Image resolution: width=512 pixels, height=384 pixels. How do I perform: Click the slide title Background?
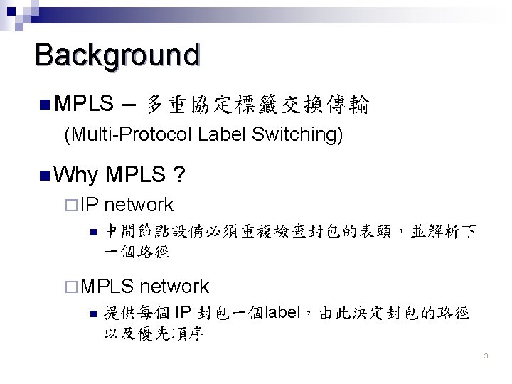(x=117, y=55)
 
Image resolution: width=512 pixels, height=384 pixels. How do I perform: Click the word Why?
(x=75, y=174)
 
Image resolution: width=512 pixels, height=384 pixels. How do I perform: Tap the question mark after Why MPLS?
(x=181, y=174)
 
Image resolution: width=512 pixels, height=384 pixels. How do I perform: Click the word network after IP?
(x=139, y=205)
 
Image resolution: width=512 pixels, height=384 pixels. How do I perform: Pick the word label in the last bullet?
(x=282, y=314)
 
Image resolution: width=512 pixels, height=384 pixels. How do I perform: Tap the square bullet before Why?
(x=43, y=174)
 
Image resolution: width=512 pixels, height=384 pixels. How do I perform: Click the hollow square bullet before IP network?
(x=69, y=206)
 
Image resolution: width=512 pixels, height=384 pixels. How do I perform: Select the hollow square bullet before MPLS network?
(x=69, y=287)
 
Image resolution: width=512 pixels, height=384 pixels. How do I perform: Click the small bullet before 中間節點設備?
(x=89, y=232)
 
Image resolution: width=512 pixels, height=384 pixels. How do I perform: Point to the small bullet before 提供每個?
(x=89, y=314)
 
